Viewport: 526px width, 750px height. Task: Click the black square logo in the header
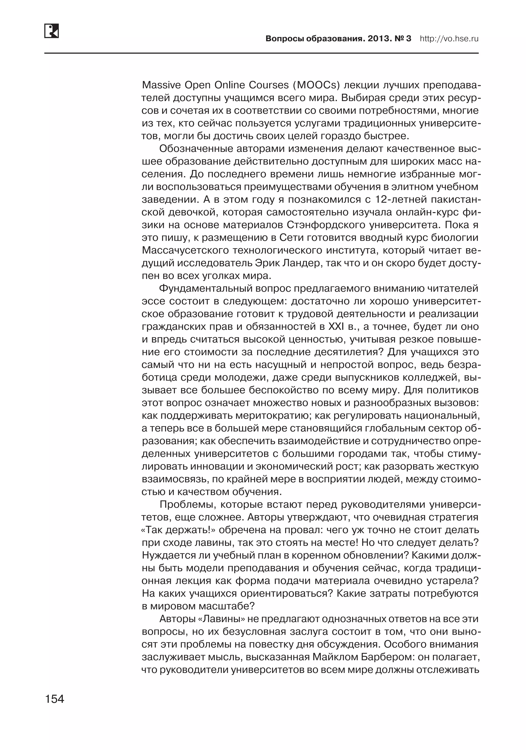click(51, 31)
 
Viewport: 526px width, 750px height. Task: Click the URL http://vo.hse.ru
click(449, 39)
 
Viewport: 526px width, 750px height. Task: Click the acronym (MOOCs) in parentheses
click(316, 85)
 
